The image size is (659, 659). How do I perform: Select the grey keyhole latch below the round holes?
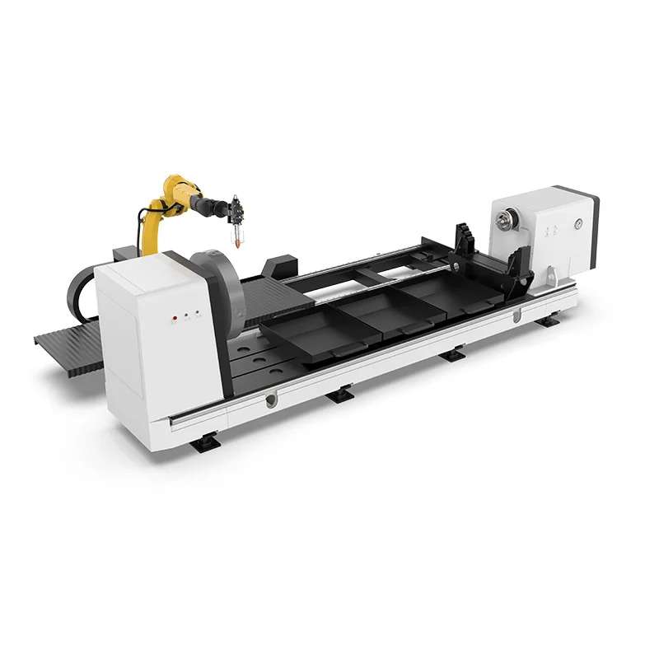pos(271,400)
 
